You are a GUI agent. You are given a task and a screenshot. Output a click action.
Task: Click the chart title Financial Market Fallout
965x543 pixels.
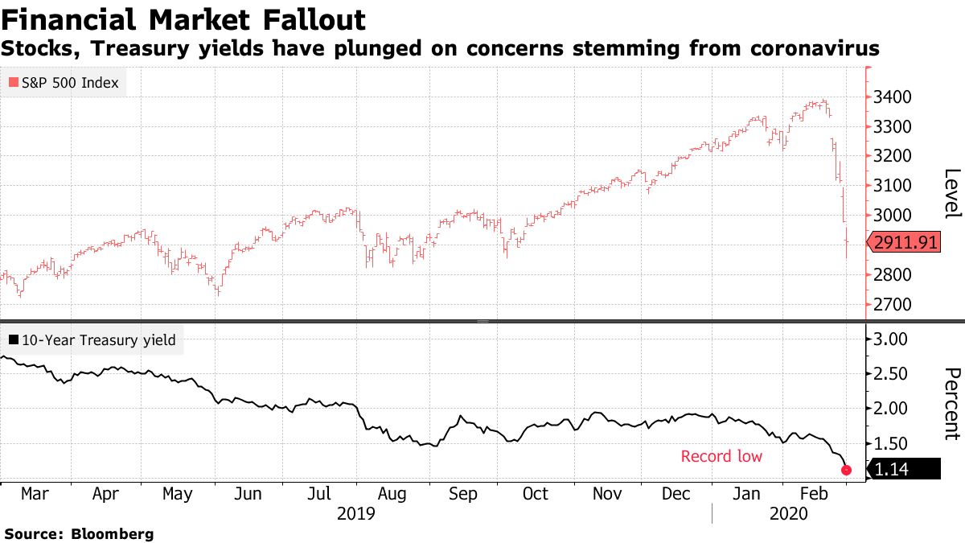183,19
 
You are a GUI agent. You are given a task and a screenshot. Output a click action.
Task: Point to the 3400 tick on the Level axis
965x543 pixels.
893,97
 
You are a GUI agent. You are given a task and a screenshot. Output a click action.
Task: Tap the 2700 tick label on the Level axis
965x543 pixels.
893,305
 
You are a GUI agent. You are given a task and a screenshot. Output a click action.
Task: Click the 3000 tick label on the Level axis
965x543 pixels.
893,216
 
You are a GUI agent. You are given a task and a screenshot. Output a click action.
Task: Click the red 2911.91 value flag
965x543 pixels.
904,241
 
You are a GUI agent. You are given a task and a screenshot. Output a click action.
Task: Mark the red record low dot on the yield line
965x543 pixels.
846,470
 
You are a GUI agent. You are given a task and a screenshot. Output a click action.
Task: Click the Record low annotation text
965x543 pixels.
721,457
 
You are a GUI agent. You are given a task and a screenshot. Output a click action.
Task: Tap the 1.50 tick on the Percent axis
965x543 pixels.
890,443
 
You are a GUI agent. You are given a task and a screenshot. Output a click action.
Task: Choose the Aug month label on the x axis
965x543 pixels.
392,494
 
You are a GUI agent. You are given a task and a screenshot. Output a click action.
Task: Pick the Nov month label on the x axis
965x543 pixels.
608,494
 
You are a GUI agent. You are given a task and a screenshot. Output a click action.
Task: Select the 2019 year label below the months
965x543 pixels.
355,513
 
